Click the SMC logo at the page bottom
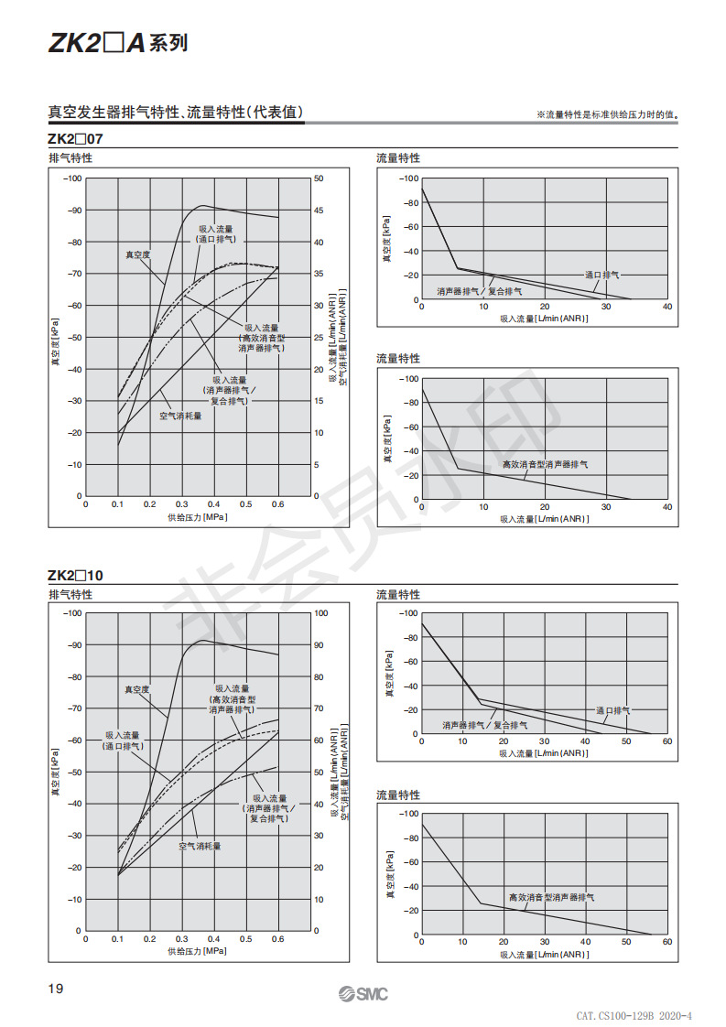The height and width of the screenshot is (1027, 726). (x=363, y=994)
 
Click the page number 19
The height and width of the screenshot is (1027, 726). (x=56, y=989)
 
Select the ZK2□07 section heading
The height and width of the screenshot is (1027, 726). (x=75, y=139)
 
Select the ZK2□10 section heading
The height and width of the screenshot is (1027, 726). (x=75, y=575)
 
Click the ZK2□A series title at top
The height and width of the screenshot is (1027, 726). (x=118, y=43)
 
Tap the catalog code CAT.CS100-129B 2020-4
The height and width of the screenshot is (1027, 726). (x=634, y=1016)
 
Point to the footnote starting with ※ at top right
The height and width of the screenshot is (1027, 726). (x=607, y=114)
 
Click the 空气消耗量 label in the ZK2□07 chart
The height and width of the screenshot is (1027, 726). (x=181, y=416)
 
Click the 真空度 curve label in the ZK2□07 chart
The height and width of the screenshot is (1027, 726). (x=137, y=254)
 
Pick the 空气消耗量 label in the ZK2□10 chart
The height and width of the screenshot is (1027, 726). (x=200, y=847)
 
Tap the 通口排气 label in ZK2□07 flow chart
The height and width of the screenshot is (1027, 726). (x=602, y=276)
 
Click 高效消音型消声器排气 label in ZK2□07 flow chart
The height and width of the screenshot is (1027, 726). (x=545, y=464)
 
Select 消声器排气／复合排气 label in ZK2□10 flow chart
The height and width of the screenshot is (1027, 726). (x=485, y=725)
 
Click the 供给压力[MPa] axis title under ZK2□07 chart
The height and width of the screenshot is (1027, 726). (x=197, y=517)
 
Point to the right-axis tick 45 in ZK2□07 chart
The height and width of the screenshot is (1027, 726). (x=319, y=211)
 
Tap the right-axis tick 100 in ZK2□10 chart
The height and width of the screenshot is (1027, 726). (x=320, y=613)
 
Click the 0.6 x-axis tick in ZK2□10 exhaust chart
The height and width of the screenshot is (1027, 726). (x=277, y=938)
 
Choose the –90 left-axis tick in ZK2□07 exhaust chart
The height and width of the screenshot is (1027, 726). (x=74, y=211)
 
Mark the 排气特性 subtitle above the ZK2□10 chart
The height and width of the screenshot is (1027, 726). (x=70, y=594)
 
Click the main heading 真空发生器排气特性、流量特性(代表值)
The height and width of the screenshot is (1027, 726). (x=176, y=112)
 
